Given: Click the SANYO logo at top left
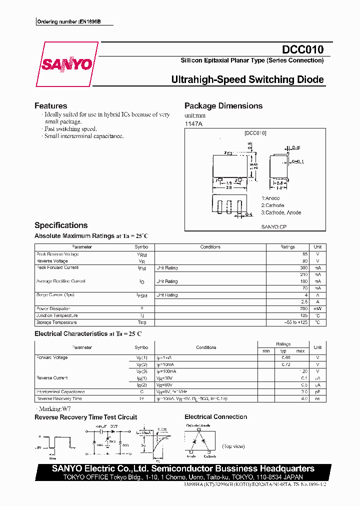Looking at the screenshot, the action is (66, 64).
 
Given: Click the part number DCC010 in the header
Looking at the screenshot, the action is (303, 49).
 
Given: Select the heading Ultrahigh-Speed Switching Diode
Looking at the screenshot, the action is (247, 79).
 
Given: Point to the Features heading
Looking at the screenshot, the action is (50, 106).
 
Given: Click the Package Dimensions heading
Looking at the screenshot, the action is (223, 106).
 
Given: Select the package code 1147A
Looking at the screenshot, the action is (194, 123).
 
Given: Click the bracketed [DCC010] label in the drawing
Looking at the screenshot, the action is (255, 133).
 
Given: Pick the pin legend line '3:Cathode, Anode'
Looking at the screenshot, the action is (280, 212).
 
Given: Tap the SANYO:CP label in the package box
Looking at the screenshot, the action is (273, 226).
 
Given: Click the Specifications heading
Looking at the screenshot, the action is (61, 225).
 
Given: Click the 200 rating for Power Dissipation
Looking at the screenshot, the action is (290, 309).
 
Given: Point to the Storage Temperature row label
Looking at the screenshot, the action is (57, 322).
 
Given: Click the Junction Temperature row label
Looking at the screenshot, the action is (57, 316).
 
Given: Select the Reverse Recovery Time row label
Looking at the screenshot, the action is (59, 398).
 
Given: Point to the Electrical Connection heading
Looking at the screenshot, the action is (216, 417).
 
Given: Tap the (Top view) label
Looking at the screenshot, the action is (234, 446).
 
